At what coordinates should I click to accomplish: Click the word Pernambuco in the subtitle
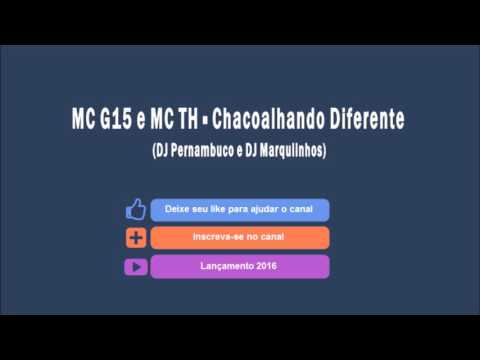[x=198, y=150]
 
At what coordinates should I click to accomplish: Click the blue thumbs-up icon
[x=136, y=210]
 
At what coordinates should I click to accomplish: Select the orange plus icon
[x=136, y=238]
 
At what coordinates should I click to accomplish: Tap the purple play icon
[x=136, y=267]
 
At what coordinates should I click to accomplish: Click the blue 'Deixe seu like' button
[x=240, y=210]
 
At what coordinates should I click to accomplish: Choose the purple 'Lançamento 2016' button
[x=240, y=267]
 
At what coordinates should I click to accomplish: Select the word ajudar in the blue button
[x=263, y=210]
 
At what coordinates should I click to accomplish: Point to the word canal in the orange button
[x=271, y=238]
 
